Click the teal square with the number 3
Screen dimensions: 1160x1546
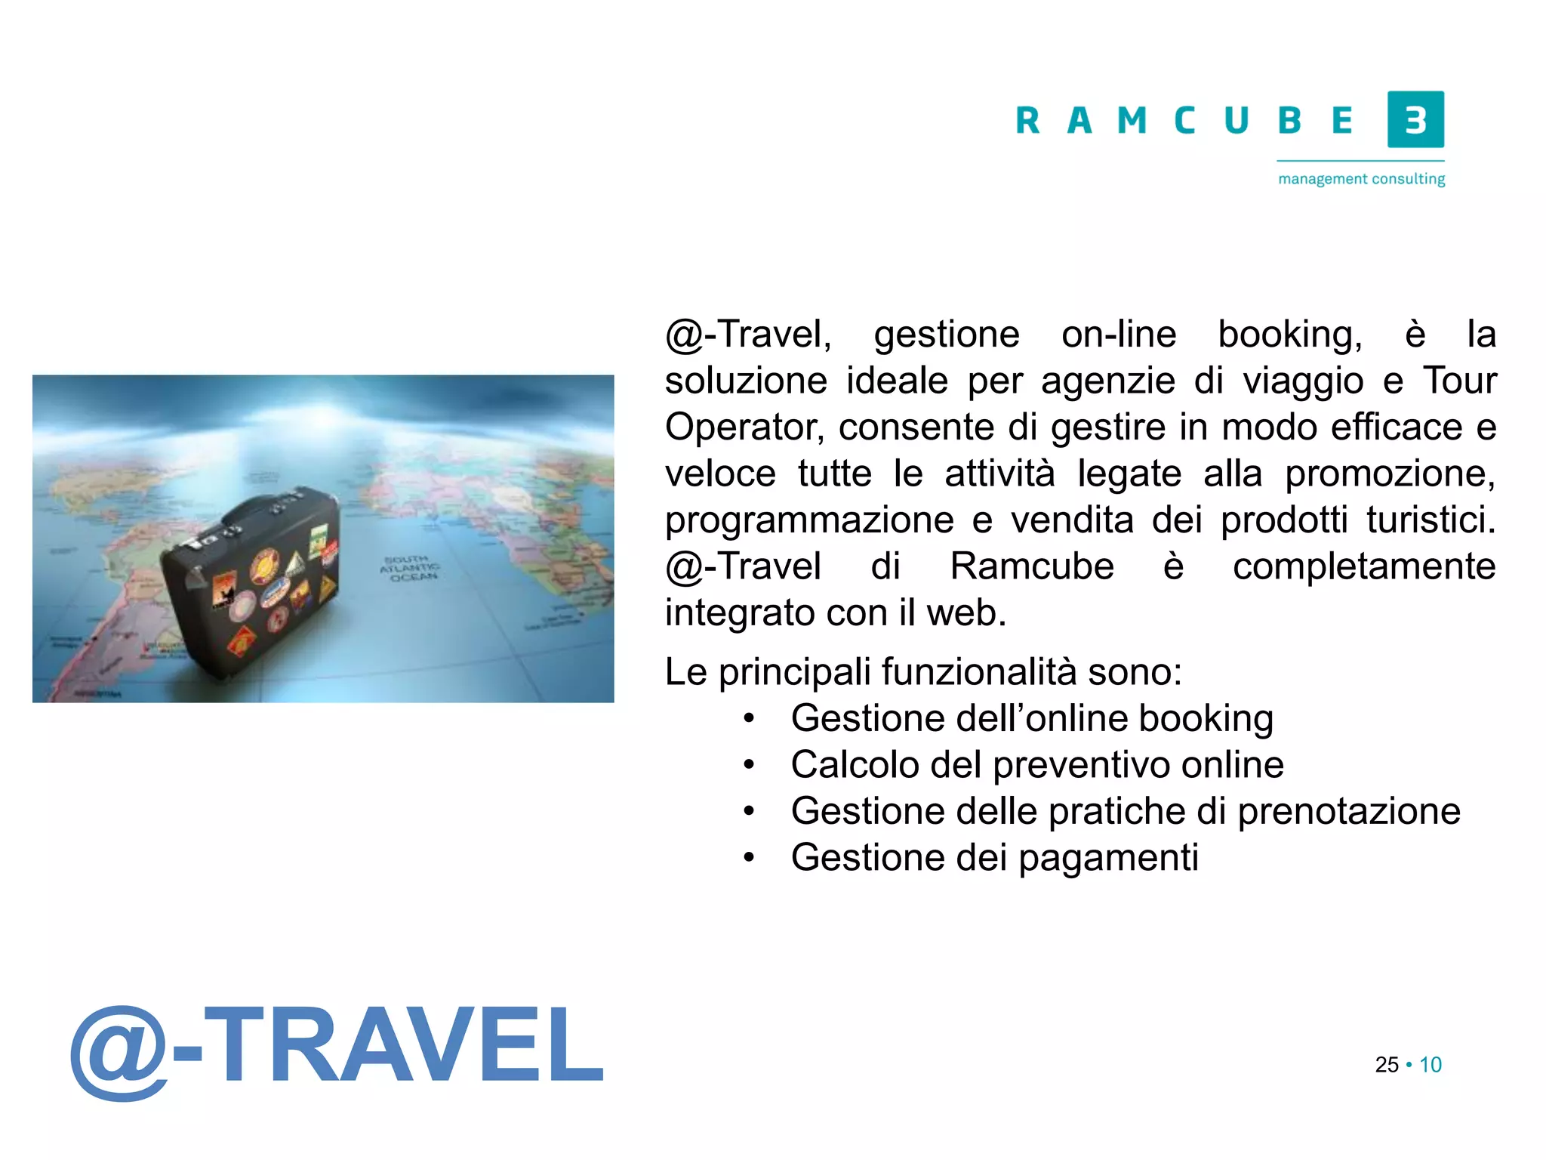click(1415, 119)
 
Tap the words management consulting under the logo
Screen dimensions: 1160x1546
click(1361, 179)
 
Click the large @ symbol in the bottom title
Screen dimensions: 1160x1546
click(119, 1051)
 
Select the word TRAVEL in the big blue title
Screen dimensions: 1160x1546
click(403, 1047)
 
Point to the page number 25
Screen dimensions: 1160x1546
click(1387, 1065)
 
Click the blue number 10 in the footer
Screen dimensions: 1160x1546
click(1431, 1065)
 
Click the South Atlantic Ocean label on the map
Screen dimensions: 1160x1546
click(409, 567)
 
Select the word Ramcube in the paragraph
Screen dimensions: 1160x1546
click(1031, 566)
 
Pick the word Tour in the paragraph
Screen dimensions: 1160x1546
click(1459, 381)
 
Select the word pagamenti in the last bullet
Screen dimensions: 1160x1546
click(1108, 858)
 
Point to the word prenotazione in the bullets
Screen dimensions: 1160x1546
click(1349, 812)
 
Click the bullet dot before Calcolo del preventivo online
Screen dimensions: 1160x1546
click(748, 765)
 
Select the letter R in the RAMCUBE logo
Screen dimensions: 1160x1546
click(1027, 121)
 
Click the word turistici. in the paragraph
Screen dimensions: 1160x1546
click(1431, 520)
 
